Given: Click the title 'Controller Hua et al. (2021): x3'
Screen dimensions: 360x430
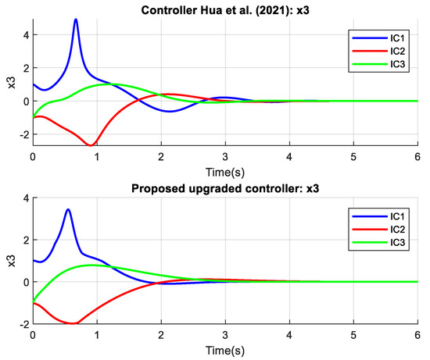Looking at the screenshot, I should click(x=228, y=7).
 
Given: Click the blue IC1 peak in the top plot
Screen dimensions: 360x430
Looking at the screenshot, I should click(x=76, y=20).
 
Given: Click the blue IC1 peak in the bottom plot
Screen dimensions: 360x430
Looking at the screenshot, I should click(x=69, y=209).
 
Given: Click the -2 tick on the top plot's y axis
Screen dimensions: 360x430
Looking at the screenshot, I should click(x=21, y=134).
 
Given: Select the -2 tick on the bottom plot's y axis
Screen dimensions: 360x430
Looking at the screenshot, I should click(x=21, y=323).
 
